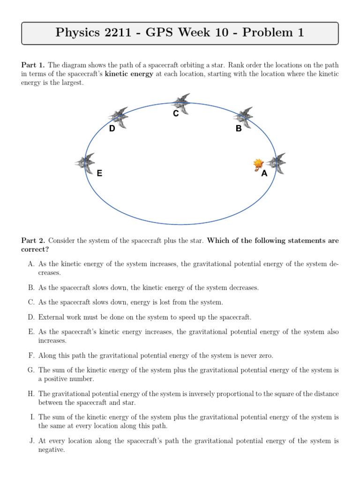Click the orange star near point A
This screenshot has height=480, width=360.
point(258,164)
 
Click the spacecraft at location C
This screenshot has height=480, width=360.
point(180,103)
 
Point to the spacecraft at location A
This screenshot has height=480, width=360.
point(277,163)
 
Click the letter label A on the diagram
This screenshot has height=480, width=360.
point(264,174)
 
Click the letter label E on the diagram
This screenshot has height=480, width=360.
point(99,173)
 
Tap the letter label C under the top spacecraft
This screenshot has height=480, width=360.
point(176,113)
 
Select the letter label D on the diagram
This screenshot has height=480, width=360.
point(112,128)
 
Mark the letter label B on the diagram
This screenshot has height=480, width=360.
point(239,128)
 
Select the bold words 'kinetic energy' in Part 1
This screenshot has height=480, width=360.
point(129,74)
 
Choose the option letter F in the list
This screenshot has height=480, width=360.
point(31,356)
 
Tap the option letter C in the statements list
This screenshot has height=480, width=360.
point(31,302)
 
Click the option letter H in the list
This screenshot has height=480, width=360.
point(31,394)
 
